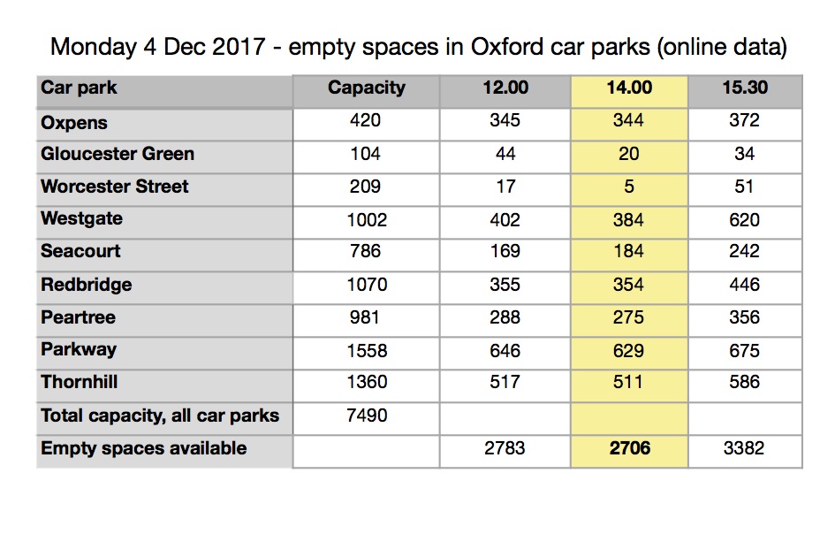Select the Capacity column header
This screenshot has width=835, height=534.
coord(366,88)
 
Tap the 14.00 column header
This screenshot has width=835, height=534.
coord(629,88)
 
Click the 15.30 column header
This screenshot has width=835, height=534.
coord(744,88)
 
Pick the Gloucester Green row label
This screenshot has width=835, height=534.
coord(118,154)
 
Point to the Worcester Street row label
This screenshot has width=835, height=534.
coord(115,187)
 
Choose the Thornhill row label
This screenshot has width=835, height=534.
coord(80,382)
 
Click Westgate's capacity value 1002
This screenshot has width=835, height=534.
coord(366,219)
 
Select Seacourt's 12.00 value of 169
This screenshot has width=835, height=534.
coord(505,251)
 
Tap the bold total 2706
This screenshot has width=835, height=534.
coord(629,448)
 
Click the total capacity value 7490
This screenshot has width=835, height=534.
coord(366,416)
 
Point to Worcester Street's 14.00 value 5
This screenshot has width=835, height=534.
coord(629,187)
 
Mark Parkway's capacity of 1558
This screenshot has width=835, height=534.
coord(366,350)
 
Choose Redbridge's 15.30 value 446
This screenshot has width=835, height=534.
coord(744,285)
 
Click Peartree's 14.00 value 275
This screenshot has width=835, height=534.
coord(629,317)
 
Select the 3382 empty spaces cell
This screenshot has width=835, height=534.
coord(744,448)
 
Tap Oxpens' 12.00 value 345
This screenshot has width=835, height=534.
coord(505,120)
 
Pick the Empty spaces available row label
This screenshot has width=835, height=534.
coord(144,448)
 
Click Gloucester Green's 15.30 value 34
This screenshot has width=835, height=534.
coord(744,154)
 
